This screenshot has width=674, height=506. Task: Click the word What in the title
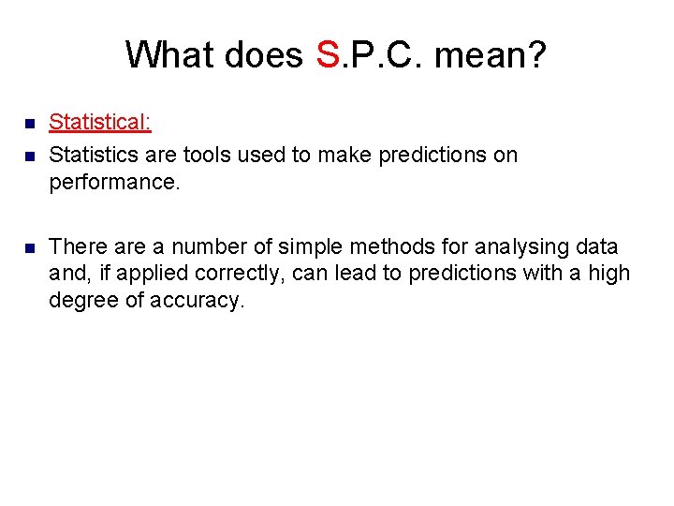168,54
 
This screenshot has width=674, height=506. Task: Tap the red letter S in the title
327,54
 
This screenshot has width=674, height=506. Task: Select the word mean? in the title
491,54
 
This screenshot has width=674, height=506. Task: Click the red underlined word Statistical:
100,122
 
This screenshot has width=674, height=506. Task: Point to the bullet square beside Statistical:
29,123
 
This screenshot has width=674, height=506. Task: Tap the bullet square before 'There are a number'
29,248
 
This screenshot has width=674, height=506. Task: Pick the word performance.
113,182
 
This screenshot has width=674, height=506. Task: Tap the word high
611,275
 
